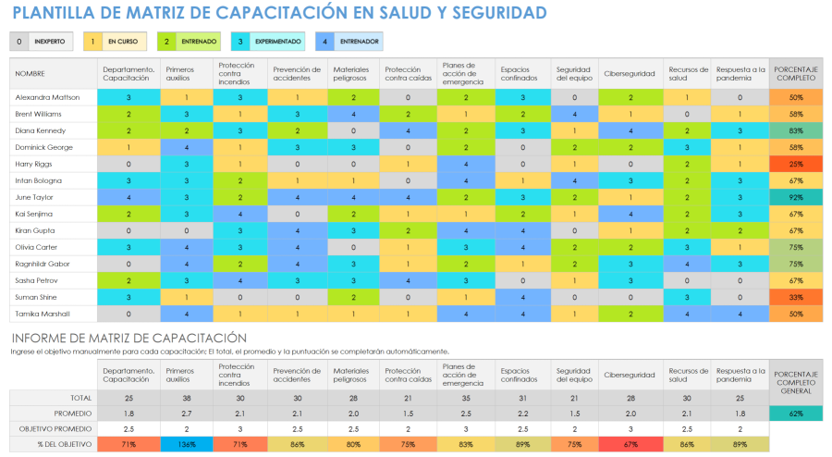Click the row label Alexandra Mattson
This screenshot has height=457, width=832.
(47, 97)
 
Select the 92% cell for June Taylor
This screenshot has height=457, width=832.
(795, 197)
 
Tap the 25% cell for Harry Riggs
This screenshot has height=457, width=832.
(795, 164)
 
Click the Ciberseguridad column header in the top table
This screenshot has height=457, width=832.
(630, 72)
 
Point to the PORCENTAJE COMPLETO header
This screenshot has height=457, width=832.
(795, 72)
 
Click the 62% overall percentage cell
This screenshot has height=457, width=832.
(795, 414)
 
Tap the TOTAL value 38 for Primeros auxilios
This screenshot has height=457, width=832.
(186, 397)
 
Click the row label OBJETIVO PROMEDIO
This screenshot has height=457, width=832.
(54, 429)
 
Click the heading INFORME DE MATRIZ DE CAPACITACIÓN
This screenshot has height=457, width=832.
(128, 338)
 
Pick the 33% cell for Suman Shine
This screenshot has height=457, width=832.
(795, 297)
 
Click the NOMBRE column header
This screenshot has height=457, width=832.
(30, 72)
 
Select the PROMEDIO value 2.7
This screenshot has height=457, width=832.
(186, 414)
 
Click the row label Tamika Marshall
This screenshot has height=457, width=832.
(43, 314)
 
